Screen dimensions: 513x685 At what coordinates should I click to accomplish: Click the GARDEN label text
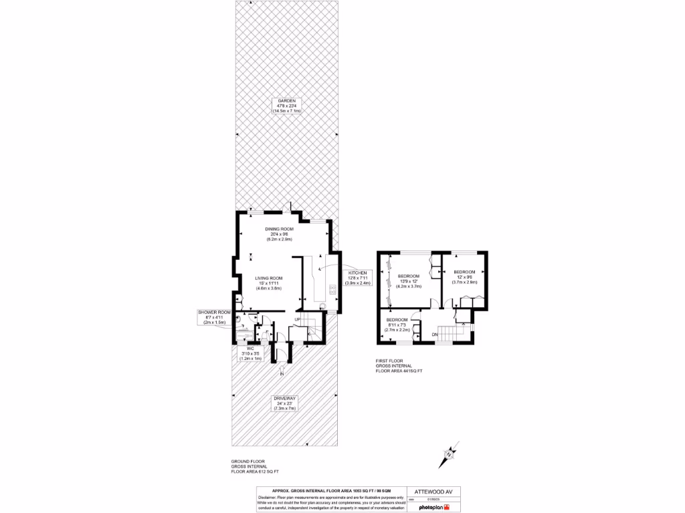tap(286, 105)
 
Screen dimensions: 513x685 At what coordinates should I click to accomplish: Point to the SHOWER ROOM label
tap(214, 317)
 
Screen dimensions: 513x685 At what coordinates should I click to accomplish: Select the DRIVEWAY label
tap(284, 403)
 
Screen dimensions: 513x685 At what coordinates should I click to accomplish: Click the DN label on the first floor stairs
tap(434, 334)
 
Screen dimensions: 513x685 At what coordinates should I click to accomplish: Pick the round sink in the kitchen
tap(322, 306)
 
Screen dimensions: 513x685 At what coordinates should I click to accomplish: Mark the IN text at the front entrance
tap(282, 374)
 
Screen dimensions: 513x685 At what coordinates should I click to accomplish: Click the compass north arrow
tap(447, 457)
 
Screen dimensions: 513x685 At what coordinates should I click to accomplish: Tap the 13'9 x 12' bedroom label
tap(409, 280)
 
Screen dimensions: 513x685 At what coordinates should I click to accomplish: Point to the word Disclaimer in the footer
tap(270, 497)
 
